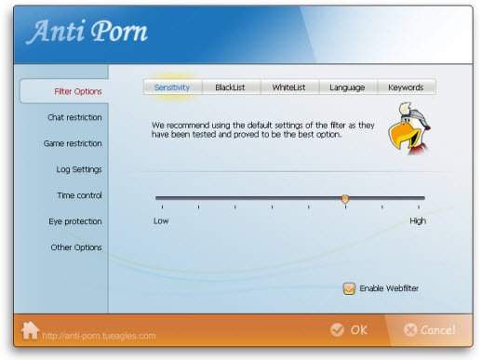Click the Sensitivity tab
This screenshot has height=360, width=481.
point(172,87)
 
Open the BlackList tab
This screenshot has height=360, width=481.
point(229,87)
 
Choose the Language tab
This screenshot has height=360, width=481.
point(347,87)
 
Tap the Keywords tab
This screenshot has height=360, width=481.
point(406,87)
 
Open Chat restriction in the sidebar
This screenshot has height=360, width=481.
point(74,117)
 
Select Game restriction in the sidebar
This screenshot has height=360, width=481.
point(73,143)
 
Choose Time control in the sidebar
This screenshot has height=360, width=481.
point(79,195)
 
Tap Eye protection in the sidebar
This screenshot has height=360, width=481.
point(75,221)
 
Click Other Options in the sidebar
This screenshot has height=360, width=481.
point(76,247)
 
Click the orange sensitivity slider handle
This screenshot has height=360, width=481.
point(345,198)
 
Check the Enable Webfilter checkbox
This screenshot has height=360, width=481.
point(349,288)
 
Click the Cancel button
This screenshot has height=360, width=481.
point(429,329)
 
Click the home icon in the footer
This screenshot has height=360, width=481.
point(31,330)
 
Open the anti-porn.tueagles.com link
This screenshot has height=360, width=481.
point(100,336)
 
